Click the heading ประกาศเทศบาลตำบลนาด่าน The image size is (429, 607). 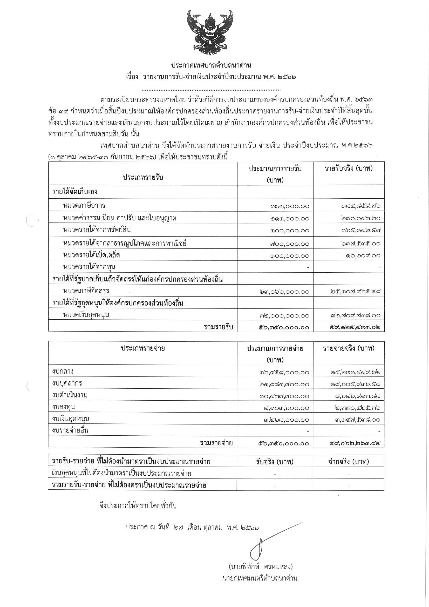(211, 65)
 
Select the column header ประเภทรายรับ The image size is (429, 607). (143, 177)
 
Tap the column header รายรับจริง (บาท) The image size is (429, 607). (349, 169)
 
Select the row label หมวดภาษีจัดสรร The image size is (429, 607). (86, 291)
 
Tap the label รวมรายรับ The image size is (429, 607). (218, 327)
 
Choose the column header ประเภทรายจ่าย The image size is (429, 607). (143, 348)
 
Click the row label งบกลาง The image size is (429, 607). (63, 372)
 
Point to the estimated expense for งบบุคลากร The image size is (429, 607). (284, 384)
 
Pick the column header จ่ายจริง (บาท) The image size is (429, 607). (348, 462)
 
